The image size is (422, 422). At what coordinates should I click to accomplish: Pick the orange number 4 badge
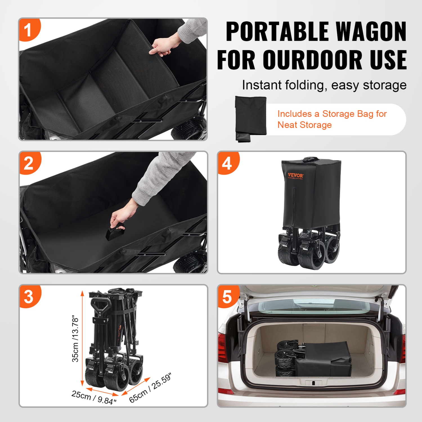click(x=227, y=163)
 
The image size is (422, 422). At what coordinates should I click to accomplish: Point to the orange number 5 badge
click(x=227, y=297)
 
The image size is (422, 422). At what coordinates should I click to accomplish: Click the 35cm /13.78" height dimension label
click(x=75, y=338)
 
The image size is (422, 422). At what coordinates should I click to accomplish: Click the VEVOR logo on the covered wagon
click(x=295, y=176)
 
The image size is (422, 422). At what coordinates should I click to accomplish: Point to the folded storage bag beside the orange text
click(x=250, y=118)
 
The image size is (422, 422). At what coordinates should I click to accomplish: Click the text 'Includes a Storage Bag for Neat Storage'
click(x=332, y=119)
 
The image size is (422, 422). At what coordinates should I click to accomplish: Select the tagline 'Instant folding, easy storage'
click(x=324, y=85)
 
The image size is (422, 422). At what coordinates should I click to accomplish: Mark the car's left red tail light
click(x=223, y=352)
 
